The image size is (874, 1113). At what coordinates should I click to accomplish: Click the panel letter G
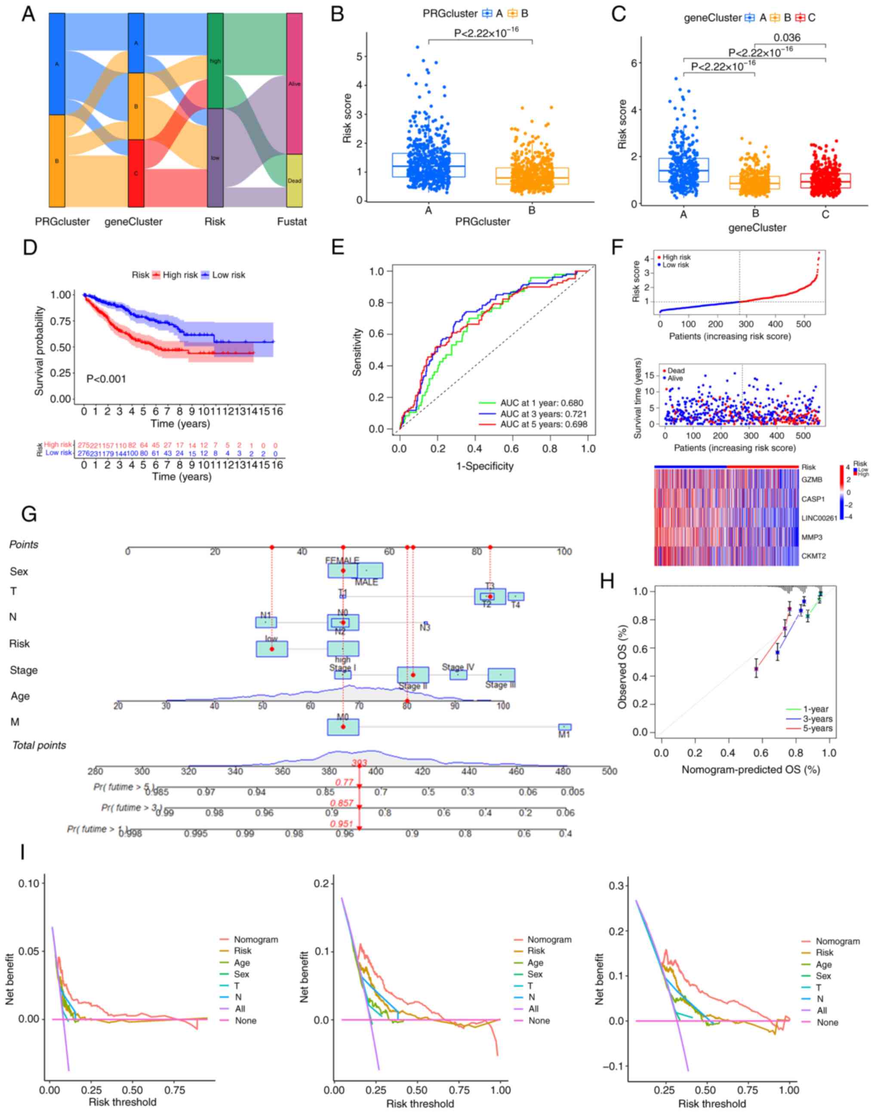[29, 513]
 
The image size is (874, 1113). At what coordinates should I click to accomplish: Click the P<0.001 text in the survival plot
[106, 379]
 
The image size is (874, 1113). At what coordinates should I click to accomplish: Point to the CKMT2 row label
[813, 556]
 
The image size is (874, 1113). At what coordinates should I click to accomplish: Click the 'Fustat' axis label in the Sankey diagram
[292, 221]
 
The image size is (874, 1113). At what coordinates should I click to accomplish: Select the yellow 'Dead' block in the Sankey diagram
[294, 181]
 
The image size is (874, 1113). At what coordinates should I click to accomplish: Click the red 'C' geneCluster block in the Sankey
[135, 173]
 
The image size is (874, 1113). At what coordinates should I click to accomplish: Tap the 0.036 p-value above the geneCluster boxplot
[787, 37]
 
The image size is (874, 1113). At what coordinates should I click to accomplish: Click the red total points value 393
[359, 763]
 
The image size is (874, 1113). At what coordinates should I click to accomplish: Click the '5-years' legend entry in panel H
[818, 728]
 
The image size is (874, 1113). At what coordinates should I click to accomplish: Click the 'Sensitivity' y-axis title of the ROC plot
[357, 352]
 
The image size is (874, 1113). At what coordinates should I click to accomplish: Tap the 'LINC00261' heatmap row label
[819, 518]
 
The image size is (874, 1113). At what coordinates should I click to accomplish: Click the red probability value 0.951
[342, 824]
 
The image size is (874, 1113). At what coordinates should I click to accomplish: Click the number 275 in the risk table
[83, 445]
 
